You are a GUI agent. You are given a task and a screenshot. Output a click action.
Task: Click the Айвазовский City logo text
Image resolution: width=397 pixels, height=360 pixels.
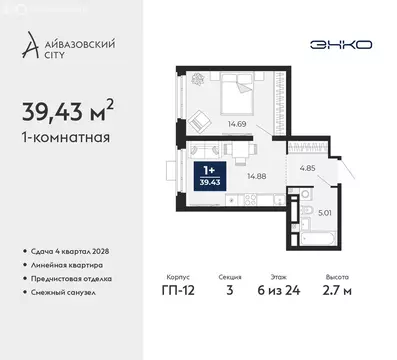point(70,45)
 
